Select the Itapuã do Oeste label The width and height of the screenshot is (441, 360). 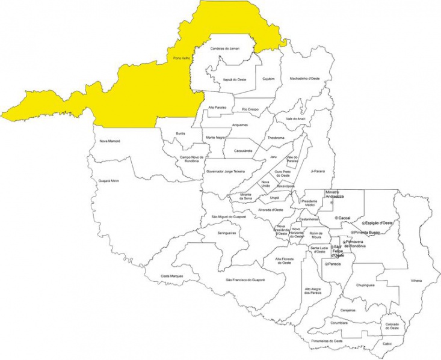pos(234,79)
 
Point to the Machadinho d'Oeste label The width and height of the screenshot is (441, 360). pos(304,78)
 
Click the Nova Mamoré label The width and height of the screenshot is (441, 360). pos(110,141)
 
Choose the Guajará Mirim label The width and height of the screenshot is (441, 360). pos(109,180)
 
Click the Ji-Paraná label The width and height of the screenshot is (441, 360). pos(318,171)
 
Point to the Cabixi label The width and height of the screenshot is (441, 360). pos(387,344)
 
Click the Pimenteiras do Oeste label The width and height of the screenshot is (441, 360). pos(327,341)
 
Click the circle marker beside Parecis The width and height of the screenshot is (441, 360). pos(326,264)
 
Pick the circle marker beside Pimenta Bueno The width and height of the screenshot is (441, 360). pos(352,232)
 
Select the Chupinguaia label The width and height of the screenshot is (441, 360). pos(366,285)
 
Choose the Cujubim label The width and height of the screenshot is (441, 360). pos(268,79)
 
